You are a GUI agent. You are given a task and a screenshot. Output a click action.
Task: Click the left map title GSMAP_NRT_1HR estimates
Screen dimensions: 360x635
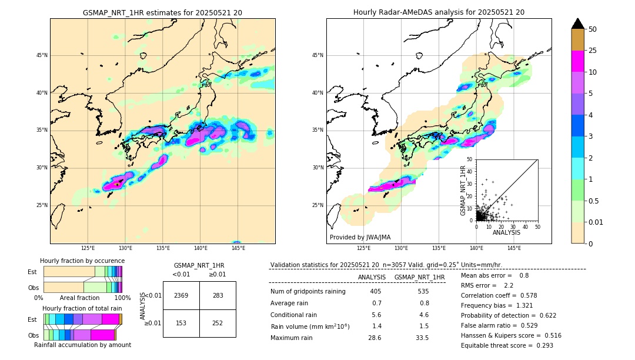pos(162,12)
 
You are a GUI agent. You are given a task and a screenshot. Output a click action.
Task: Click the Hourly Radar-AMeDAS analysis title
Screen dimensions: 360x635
pos(439,12)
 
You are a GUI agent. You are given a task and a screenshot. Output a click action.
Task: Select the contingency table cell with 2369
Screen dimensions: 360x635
pos(181,295)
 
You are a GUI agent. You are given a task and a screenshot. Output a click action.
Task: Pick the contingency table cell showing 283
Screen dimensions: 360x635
pos(218,295)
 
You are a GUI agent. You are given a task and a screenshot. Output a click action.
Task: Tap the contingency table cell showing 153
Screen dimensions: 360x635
pos(181,323)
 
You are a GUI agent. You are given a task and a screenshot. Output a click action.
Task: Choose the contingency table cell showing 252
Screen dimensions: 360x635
pos(218,323)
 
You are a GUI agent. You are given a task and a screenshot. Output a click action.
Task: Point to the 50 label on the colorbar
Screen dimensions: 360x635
pos(593,29)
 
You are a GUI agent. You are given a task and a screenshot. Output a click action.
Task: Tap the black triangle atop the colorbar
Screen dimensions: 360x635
pos(578,24)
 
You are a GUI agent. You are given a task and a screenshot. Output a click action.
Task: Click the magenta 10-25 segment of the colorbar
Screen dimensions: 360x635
pos(578,61)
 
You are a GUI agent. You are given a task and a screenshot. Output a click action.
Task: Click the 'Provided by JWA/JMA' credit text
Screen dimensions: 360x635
pos(360,238)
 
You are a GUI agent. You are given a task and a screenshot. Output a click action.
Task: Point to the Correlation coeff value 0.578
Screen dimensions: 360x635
pos(542,295)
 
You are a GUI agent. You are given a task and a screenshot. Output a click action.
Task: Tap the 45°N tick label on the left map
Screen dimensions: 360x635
pos(42,55)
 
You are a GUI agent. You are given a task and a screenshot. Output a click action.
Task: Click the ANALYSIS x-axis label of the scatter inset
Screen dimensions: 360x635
pos(506,232)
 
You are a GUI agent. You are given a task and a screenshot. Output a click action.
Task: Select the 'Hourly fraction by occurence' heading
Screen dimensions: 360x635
pos(82,261)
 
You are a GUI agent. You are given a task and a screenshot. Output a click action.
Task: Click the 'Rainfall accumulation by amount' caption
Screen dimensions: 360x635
pos(82,345)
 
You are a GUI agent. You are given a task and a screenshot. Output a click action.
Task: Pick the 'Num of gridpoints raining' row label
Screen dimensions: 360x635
pos(308,292)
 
